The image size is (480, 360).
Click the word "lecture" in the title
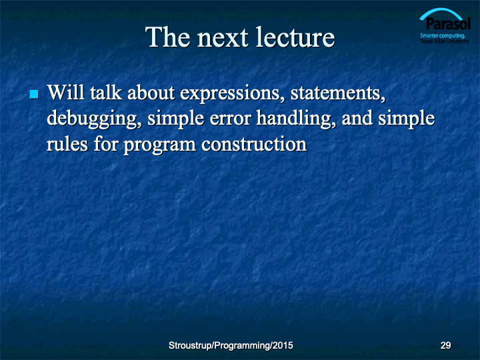coord(295,37)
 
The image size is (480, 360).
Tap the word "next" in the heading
coord(222,38)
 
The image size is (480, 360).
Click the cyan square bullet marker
coord(34,94)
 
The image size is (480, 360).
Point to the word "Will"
coord(65,92)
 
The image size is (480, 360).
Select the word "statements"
coord(337,93)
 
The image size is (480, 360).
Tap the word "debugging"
coord(94,119)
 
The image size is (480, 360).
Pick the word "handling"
coord(296,119)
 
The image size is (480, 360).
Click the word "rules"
coord(67,144)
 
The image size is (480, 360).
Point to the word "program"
coord(159,146)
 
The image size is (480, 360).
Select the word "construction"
coord(254,145)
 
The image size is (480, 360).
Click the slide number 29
coord(445,345)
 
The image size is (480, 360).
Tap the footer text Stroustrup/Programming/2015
coord(231,345)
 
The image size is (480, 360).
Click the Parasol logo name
coord(448,24)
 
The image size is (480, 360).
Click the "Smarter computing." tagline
coord(443,35)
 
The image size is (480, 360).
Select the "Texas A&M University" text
coord(445,41)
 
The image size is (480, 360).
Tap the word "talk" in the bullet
coord(106,92)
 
